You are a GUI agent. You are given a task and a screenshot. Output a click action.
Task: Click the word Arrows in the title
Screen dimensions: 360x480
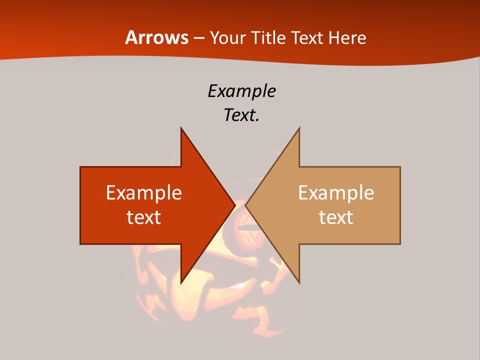(x=157, y=37)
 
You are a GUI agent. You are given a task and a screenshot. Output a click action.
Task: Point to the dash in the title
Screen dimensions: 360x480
(x=199, y=38)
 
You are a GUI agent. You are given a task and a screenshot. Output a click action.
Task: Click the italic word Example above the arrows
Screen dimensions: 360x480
(x=241, y=91)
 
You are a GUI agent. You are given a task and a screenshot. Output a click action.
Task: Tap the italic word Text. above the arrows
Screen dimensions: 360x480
(x=241, y=115)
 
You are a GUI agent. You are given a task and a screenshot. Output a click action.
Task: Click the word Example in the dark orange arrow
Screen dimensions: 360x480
(x=144, y=193)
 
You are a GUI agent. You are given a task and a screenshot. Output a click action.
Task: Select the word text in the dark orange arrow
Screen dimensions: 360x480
(x=144, y=217)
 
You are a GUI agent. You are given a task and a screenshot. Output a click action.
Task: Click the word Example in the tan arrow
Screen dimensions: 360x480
(x=336, y=193)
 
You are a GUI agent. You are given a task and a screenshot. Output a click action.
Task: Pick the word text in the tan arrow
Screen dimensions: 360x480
(x=336, y=217)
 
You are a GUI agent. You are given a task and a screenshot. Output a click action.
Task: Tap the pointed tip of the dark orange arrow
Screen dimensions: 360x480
(x=234, y=205)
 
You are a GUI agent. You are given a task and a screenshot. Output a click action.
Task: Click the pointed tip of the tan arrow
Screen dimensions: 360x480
(x=246, y=205)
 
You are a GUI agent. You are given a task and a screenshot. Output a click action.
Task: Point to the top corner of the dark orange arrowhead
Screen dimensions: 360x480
(x=181, y=128)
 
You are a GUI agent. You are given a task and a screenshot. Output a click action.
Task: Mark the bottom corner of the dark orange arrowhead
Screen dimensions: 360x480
(x=181, y=283)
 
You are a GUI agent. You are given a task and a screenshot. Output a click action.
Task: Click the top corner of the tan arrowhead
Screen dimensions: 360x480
(x=299, y=128)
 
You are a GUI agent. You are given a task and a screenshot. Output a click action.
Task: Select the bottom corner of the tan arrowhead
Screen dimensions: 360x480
(x=299, y=283)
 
